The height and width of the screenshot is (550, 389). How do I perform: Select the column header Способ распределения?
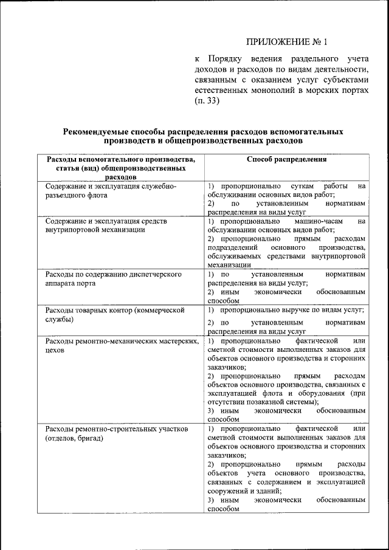click(287, 159)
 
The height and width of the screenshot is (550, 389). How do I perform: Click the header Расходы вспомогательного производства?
click(121, 159)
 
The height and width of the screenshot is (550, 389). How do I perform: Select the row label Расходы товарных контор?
click(114, 314)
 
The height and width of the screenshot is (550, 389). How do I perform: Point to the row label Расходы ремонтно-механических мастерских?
click(122, 346)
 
